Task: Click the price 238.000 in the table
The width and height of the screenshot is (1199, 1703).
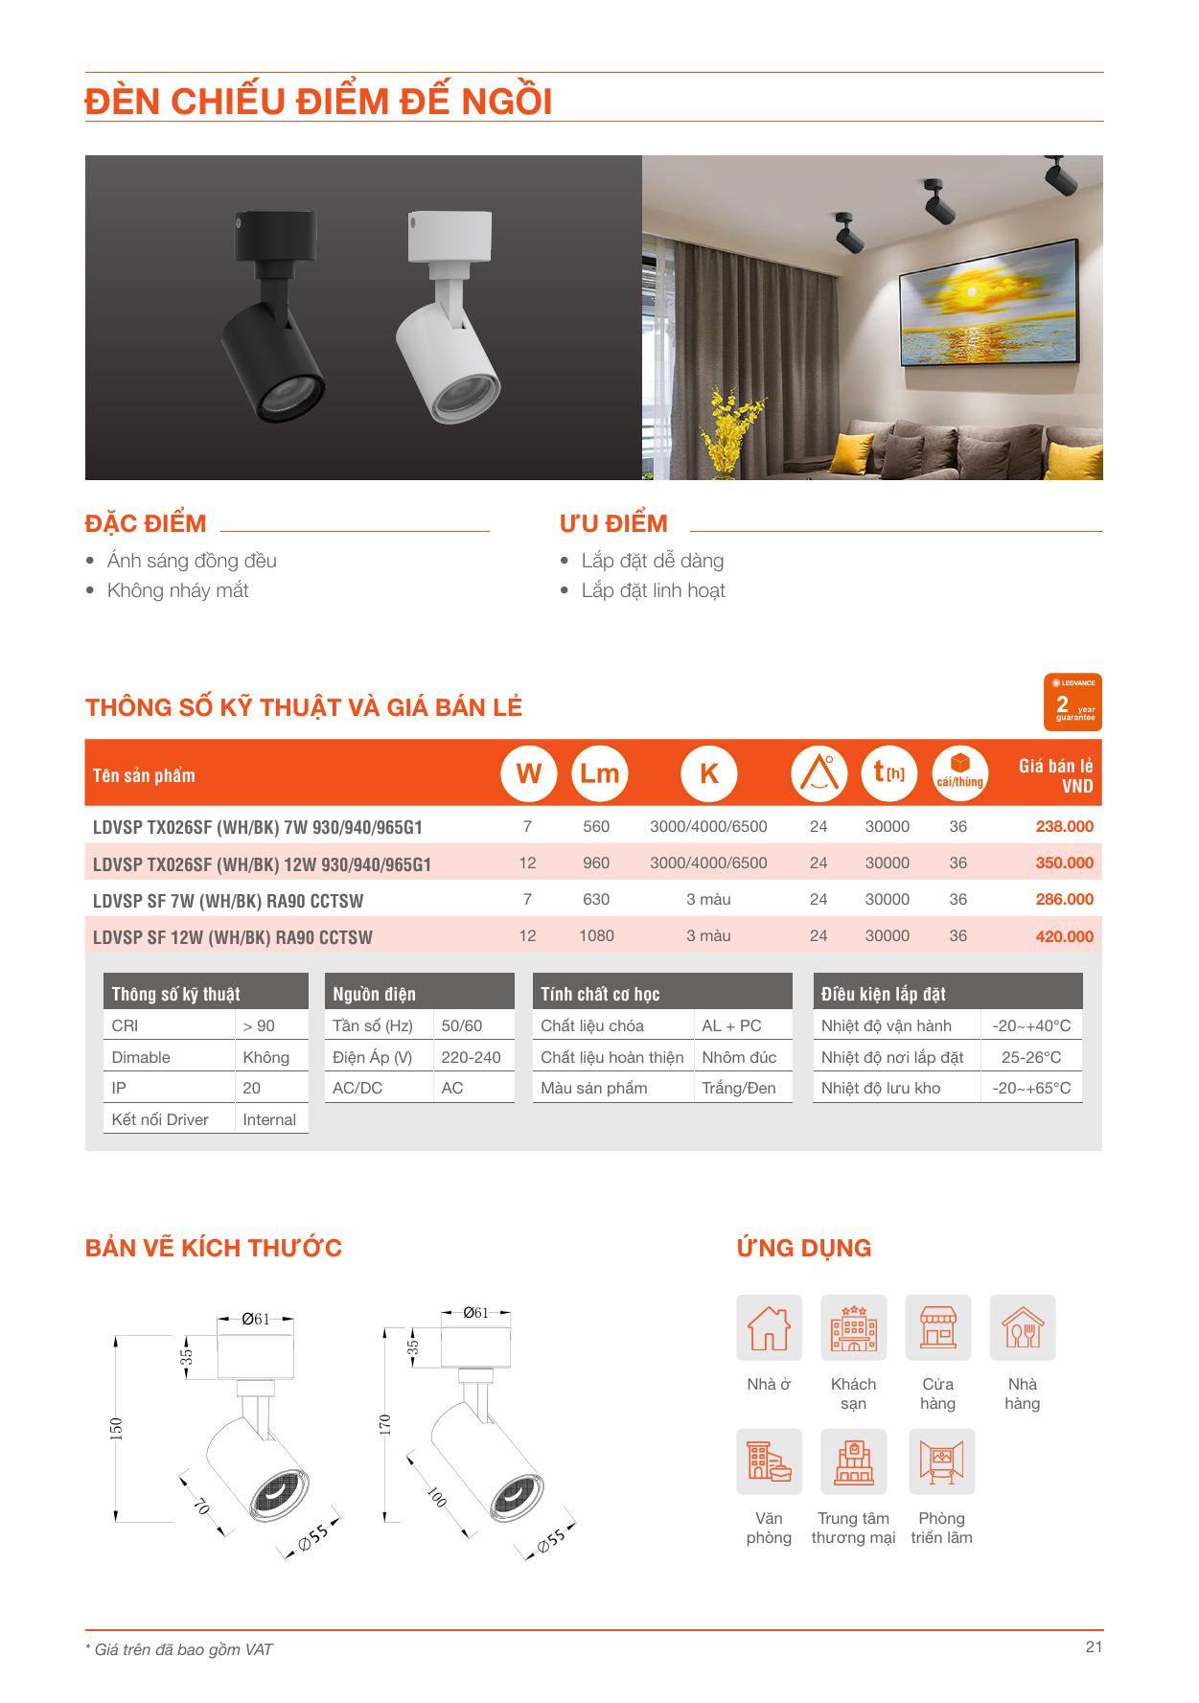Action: (x=1064, y=826)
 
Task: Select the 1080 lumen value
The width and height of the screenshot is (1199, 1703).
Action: (x=596, y=935)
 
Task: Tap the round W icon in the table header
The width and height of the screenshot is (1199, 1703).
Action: (x=528, y=774)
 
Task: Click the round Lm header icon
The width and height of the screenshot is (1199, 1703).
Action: (x=599, y=774)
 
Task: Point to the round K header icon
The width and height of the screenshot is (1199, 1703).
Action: (x=708, y=774)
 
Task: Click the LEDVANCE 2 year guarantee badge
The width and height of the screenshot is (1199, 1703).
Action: (x=1072, y=702)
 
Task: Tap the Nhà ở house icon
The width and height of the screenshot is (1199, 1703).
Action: (x=769, y=1328)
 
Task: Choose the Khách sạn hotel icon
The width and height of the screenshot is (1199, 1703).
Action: (x=853, y=1328)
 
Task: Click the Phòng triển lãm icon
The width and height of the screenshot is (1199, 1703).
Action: (x=941, y=1462)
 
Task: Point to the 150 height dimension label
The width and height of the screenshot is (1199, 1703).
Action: (x=117, y=1428)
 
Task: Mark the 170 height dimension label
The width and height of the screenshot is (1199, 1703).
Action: (x=385, y=1424)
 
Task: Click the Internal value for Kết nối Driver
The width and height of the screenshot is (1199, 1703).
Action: (x=269, y=1119)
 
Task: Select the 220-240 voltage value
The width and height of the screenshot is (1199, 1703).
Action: (x=471, y=1057)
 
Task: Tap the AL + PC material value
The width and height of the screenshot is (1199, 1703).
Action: (x=731, y=1025)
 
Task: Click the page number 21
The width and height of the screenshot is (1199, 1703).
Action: (x=1094, y=1646)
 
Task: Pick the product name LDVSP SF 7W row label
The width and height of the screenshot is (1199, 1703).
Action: (x=228, y=901)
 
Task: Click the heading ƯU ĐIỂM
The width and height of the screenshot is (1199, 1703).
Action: (x=613, y=523)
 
